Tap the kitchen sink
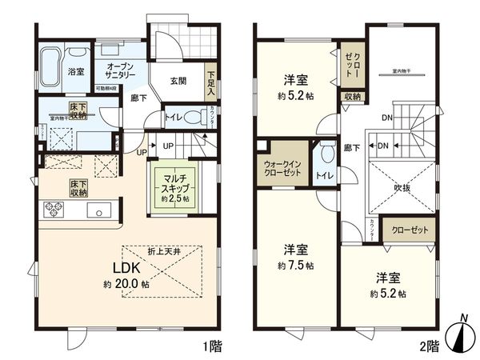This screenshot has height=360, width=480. [x=99, y=212]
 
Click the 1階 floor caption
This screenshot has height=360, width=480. [x=212, y=348]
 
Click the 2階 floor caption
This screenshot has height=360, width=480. [x=430, y=348]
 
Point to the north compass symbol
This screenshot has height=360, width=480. [x=462, y=335]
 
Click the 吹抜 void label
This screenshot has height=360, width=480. [x=402, y=190]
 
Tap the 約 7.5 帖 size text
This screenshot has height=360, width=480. [x=295, y=266]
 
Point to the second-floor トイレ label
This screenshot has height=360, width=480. [x=325, y=174]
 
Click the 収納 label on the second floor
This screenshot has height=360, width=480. [x=353, y=97]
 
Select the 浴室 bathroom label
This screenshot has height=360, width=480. [x=76, y=72]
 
